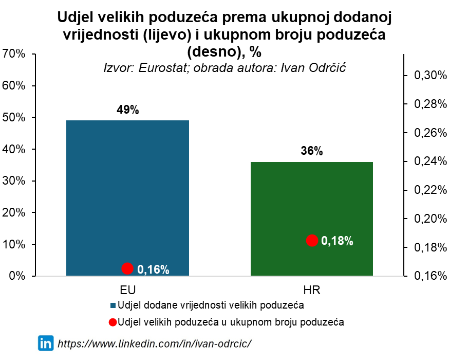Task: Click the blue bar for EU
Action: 127,195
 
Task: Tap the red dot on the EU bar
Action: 127,268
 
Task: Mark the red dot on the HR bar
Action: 312,241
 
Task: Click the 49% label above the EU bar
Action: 127,110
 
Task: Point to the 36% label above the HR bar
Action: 312,151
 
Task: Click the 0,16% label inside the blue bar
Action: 153,269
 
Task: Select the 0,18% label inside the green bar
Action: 337,241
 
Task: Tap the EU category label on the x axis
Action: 127,290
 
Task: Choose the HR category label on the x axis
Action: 312,290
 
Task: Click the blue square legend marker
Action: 113,305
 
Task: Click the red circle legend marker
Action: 113,322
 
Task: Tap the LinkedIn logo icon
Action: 46,343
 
